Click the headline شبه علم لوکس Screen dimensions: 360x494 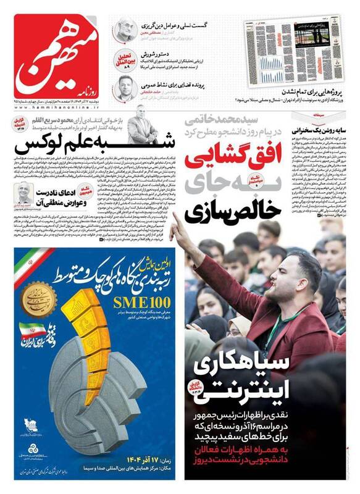click(68, 146)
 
